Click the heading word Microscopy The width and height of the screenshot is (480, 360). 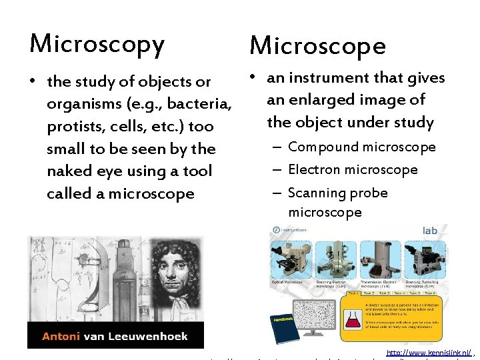97,44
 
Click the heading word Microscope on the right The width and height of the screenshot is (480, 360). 317,45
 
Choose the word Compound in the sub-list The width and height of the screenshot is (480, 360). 321,147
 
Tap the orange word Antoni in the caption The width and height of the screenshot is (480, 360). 62,336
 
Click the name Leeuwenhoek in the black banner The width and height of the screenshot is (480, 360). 154,336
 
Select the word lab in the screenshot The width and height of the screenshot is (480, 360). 430,231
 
